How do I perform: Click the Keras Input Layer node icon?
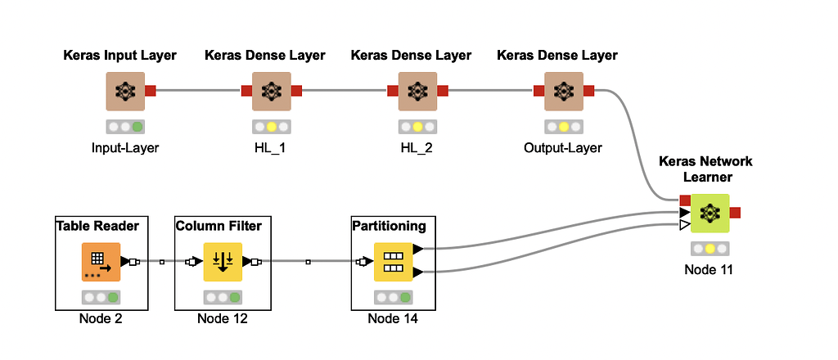tap(124, 91)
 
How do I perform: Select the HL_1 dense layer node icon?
tap(271, 91)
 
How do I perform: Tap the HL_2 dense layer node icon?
tap(417, 91)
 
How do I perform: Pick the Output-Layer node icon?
tap(563, 91)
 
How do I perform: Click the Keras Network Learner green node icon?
tap(709, 213)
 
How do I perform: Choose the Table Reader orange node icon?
tap(101, 262)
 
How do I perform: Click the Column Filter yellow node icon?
tap(223, 262)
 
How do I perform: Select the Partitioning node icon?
tap(393, 262)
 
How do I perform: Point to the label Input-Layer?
tap(124, 148)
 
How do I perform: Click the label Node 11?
tap(709, 269)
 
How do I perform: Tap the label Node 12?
tap(223, 318)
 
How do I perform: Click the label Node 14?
tap(393, 318)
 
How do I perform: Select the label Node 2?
tap(101, 318)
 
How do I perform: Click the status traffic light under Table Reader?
tap(101, 297)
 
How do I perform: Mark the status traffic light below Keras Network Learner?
tap(709, 248)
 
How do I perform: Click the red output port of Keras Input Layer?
tap(151, 91)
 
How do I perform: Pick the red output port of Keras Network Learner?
tap(735, 213)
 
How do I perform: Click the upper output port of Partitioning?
tap(418, 249)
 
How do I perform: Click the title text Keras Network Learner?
tap(705, 169)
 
